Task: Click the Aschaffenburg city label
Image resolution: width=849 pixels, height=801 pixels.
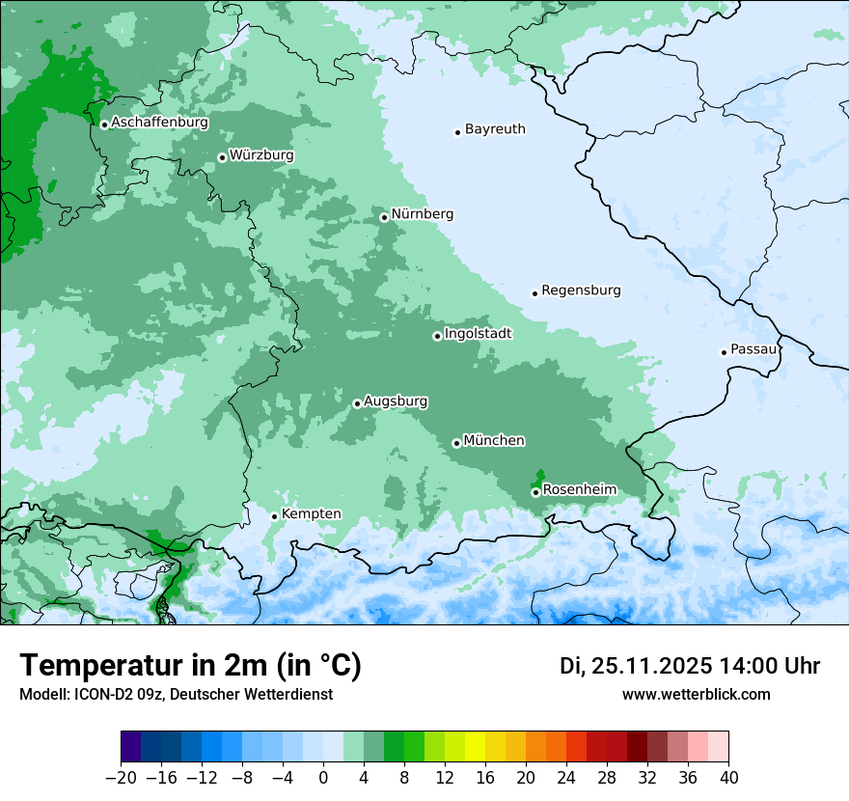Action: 159,123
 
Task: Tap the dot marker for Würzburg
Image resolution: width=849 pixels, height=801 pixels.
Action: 222,157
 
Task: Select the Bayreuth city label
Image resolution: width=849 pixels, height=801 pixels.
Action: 495,129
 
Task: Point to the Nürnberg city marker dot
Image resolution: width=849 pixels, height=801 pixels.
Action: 384,217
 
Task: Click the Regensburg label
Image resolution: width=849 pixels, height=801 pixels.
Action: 581,290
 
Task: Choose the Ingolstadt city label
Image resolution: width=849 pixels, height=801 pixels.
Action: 478,334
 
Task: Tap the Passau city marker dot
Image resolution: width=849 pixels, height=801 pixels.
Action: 724,352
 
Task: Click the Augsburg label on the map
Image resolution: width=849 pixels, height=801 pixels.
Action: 396,401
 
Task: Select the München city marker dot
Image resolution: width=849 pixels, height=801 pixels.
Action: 456,443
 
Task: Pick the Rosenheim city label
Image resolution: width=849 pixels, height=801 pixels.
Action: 579,490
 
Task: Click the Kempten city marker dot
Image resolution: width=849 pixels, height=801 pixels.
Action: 274,516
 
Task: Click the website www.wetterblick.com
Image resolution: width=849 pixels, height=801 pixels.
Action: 696,694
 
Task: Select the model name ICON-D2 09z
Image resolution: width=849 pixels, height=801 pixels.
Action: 116,694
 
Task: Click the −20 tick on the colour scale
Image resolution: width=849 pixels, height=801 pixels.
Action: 122,778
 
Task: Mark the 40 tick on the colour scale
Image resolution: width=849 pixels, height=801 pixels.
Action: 728,778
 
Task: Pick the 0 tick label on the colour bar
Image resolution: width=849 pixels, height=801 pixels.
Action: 323,778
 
